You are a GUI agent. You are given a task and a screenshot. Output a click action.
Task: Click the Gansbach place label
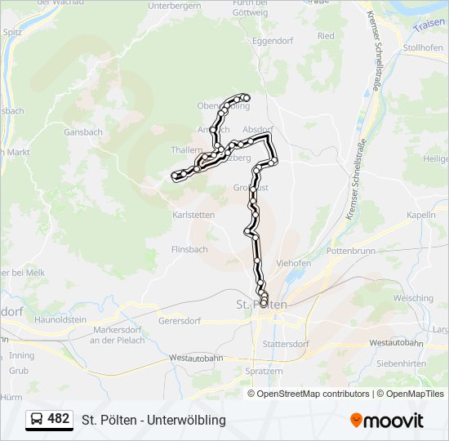[83, 131]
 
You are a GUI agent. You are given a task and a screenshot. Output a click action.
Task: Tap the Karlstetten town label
[193, 215]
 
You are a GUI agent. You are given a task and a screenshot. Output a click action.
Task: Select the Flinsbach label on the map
[189, 249]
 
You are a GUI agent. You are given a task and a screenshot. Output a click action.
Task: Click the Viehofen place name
[294, 264]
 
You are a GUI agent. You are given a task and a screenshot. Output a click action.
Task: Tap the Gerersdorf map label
[180, 321]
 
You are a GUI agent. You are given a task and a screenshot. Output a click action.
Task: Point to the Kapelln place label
[421, 214]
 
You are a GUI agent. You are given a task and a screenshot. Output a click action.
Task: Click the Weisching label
[413, 299]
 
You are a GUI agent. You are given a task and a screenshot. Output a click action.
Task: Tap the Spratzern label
[264, 371]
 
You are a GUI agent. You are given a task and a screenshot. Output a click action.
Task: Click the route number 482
[59, 419]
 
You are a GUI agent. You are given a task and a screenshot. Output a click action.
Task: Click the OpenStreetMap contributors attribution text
[313, 394]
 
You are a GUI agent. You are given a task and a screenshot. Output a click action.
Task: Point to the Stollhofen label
[423, 47]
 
